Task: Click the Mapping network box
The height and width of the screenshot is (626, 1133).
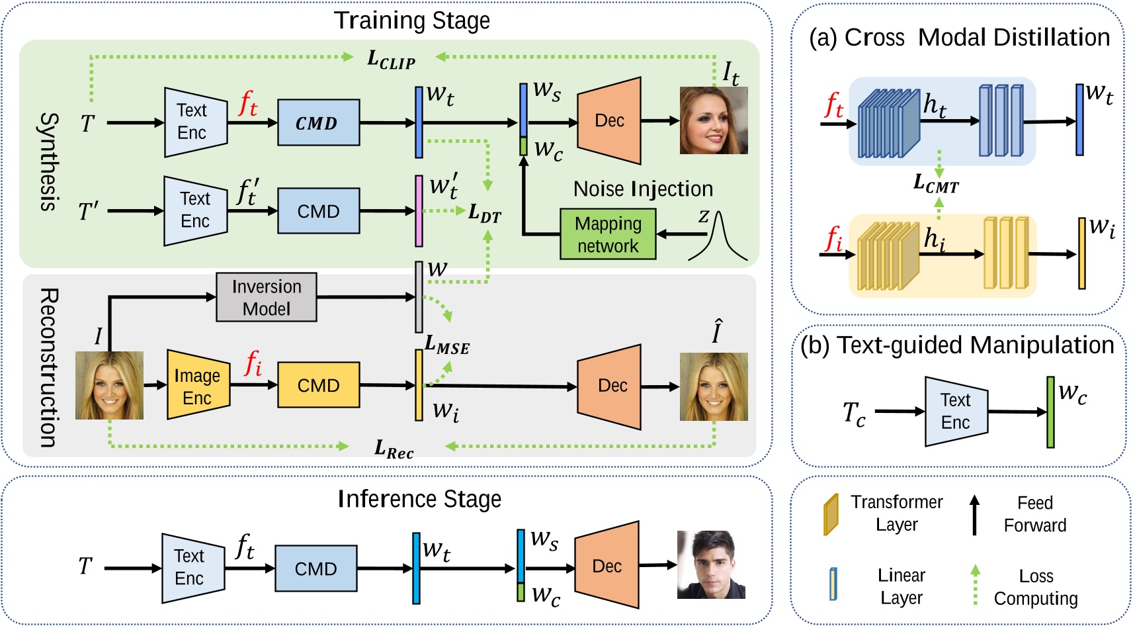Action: [x=608, y=234]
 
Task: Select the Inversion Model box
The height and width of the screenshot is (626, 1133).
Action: [x=267, y=297]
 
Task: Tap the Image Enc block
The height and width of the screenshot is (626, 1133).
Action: [x=198, y=385]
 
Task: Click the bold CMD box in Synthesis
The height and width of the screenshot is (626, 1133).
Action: [x=318, y=122]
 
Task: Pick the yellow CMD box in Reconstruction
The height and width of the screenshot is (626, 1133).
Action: [x=318, y=385]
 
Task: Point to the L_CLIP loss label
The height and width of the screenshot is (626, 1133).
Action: [x=391, y=60]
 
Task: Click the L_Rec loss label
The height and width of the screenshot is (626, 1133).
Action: [x=394, y=449]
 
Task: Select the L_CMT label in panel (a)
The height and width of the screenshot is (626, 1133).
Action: [x=936, y=183]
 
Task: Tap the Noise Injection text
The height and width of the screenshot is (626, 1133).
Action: [x=643, y=189]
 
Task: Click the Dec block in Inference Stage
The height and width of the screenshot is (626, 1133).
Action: [x=607, y=566]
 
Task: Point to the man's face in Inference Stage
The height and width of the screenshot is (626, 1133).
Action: [x=711, y=564]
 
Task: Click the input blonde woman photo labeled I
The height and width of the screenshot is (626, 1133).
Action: [x=109, y=385]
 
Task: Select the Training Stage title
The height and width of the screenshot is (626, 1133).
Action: [x=412, y=21]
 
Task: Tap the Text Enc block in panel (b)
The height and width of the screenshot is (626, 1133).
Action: [x=956, y=411]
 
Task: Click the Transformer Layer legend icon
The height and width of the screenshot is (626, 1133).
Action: [x=831, y=514]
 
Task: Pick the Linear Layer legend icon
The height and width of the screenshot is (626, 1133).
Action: [x=833, y=584]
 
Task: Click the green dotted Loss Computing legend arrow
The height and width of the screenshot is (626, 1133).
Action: [x=975, y=584]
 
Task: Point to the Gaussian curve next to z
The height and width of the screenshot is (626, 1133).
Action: [x=720, y=238]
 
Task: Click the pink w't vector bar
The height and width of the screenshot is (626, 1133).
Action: [x=419, y=210]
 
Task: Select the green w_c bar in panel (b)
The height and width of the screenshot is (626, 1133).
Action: [x=1050, y=412]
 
